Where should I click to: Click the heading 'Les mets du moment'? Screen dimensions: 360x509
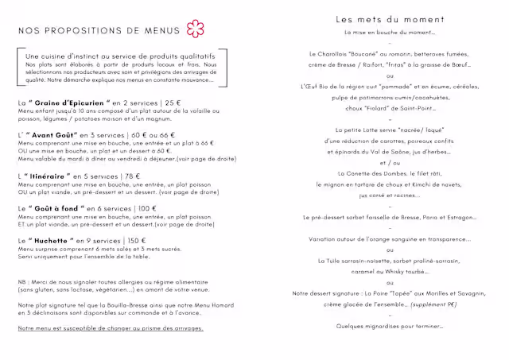click(x=390, y=19)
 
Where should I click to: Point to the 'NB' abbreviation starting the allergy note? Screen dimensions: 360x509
click(x=22, y=282)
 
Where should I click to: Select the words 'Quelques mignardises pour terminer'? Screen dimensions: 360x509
click(x=390, y=326)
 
